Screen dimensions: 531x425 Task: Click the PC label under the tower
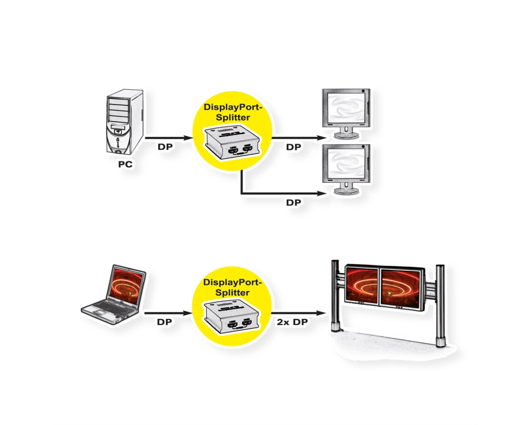[x=125, y=164]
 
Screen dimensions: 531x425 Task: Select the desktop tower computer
[x=125, y=122]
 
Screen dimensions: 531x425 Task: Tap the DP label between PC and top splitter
[x=165, y=147]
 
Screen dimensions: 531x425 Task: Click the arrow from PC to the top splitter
[x=169, y=138]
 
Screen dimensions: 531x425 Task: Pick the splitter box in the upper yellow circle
[x=233, y=142]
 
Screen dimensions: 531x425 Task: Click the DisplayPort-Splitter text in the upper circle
[x=233, y=112]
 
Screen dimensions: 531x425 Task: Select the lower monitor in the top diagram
[x=346, y=169]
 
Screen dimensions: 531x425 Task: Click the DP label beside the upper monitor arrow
[x=293, y=147]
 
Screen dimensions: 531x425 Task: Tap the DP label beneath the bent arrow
[x=293, y=202]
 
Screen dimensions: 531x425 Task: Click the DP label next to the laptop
[x=164, y=322]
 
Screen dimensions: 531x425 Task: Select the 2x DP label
[x=292, y=322]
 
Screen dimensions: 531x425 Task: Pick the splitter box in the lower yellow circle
[x=232, y=317]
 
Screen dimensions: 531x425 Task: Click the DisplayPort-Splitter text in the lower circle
[x=233, y=287]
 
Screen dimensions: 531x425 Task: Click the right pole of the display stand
[x=440, y=305]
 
